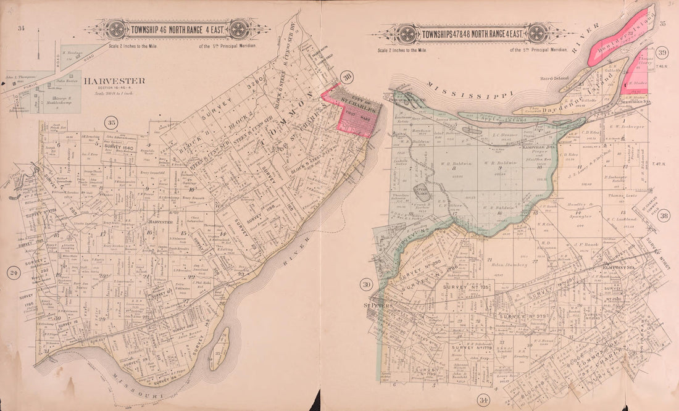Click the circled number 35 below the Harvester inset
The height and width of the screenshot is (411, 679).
pyautogui.click(x=112, y=121)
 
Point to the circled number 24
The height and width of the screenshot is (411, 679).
pyautogui.click(x=12, y=272)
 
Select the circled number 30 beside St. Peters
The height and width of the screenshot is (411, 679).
pyautogui.click(x=366, y=284)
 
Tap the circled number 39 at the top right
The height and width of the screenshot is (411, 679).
pyautogui.click(x=662, y=52)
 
